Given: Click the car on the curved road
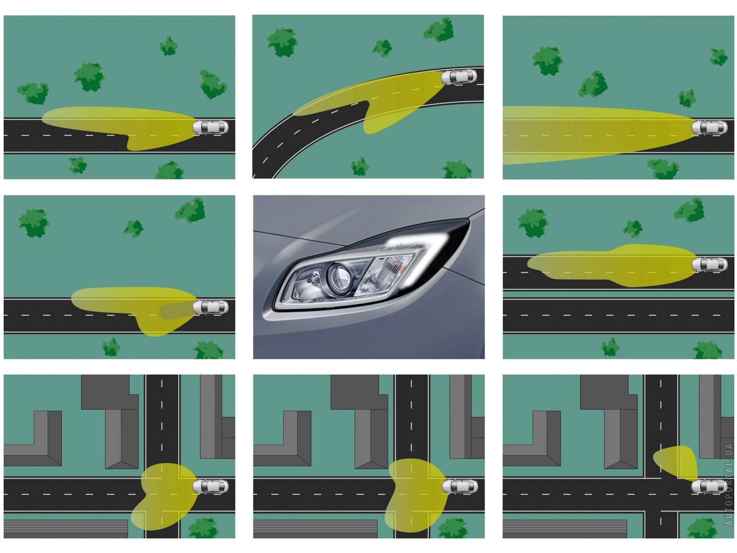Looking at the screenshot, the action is (459, 77).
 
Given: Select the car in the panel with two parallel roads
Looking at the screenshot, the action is (709, 265).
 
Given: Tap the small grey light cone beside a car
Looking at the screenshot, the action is (176, 310).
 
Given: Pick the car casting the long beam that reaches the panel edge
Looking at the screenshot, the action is (709, 128).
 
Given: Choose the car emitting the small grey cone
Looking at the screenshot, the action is (210, 307).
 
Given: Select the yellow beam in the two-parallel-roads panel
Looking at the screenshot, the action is (612, 265).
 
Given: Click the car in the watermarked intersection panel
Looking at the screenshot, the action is (709, 487).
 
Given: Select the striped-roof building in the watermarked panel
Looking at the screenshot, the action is (565, 529).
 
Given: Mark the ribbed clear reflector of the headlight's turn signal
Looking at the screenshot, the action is (385, 275).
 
